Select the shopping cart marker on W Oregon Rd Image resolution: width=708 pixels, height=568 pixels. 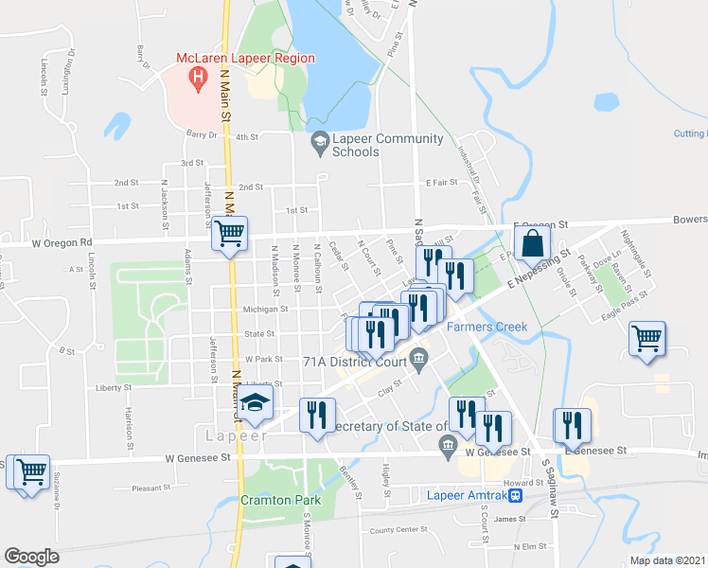point(229,234)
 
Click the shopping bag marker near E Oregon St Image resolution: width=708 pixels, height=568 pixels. point(532,244)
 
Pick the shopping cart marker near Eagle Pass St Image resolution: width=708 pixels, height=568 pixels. point(646,339)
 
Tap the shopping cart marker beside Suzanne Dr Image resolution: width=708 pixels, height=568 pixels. point(28,471)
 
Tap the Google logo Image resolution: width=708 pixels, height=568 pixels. point(30,557)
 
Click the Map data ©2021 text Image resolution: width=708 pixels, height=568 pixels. point(668,560)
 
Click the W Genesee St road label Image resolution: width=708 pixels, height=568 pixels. point(198,458)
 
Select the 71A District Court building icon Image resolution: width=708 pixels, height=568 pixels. point(420,358)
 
